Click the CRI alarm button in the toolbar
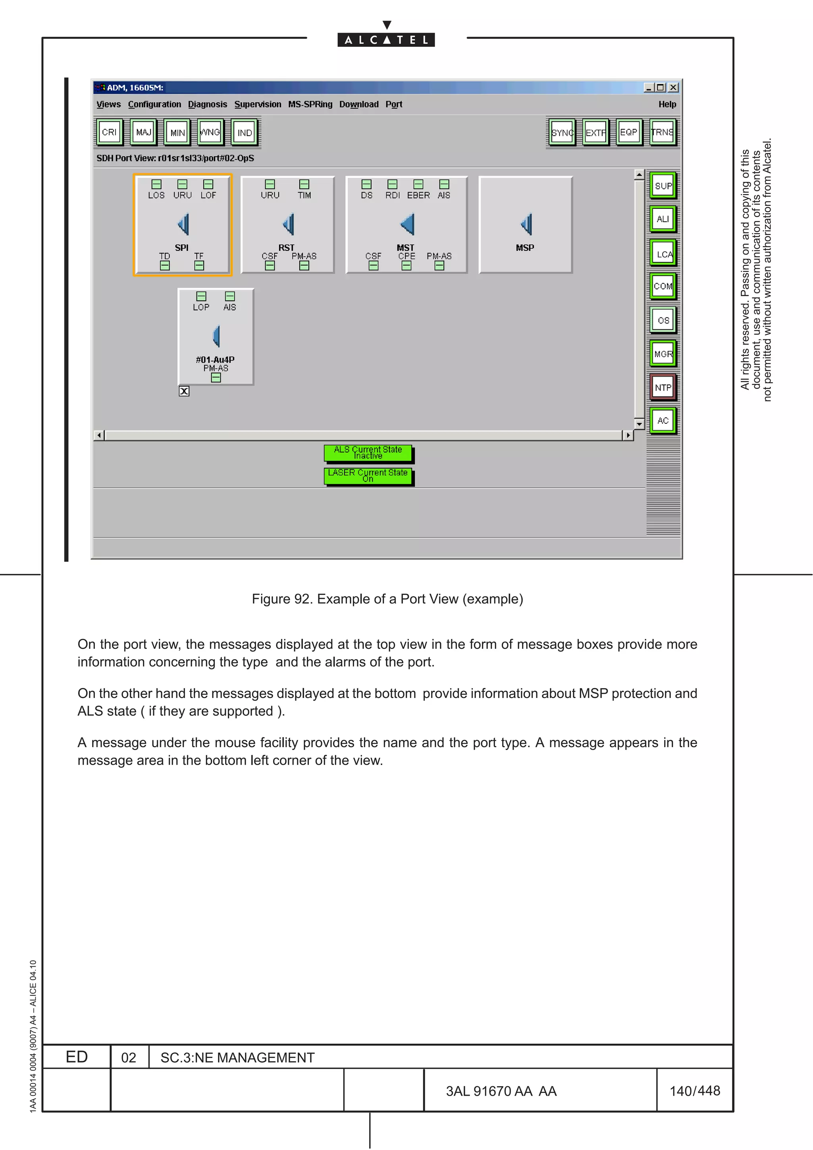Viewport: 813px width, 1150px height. (109, 132)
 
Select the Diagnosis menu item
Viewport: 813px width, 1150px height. (207, 104)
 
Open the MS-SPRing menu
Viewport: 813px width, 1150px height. (310, 104)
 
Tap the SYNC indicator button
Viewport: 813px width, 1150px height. (562, 132)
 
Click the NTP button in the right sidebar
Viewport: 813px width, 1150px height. (663, 387)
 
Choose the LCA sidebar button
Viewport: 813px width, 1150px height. (663, 254)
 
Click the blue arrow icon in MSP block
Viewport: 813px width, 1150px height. (526, 224)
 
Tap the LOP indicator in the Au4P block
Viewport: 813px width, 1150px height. (201, 296)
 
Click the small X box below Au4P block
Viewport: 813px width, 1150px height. (184, 391)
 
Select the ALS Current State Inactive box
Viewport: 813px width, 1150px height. (368, 452)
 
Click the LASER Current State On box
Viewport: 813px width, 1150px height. (368, 475)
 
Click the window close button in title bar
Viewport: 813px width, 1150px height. (673, 88)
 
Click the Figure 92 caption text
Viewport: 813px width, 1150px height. (387, 599)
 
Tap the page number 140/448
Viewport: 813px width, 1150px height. (694, 1090)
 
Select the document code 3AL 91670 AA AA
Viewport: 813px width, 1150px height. (501, 1091)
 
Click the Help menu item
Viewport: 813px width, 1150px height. (667, 104)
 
